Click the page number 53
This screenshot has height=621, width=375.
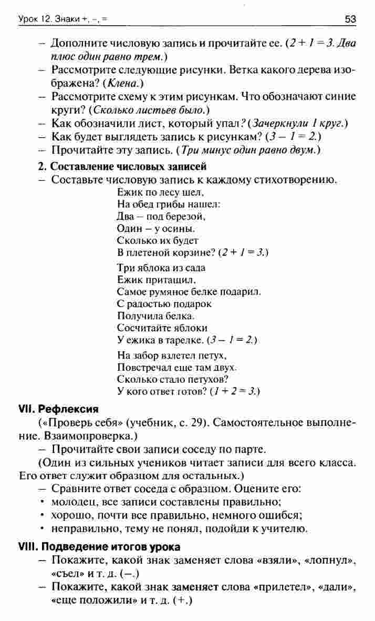[350, 20]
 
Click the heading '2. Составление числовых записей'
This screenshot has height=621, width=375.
[122, 167]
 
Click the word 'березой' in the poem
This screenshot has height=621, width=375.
[185, 216]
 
